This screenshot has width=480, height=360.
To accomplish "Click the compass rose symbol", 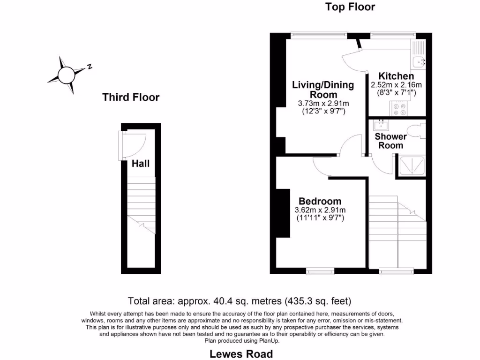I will click(x=66, y=74).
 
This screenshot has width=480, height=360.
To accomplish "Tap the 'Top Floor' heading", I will click(x=350, y=7).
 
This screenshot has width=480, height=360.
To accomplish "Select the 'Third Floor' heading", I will click(x=131, y=97).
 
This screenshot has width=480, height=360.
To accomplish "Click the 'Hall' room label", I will click(x=141, y=164).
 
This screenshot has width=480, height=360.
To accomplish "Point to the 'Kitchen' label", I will click(x=396, y=76).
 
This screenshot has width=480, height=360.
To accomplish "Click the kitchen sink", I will click(x=419, y=60).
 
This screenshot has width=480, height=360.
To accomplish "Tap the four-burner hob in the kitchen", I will click(x=400, y=109).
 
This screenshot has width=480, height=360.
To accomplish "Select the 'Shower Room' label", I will click(x=390, y=141).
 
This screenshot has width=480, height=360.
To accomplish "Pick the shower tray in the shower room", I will click(x=412, y=165).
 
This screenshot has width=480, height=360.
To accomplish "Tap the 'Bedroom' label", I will click(x=321, y=202).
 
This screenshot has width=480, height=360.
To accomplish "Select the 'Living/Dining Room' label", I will click(x=322, y=90).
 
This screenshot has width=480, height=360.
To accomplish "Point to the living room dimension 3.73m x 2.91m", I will click(x=323, y=104).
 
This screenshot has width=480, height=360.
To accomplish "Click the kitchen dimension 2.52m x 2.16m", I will click(x=397, y=85).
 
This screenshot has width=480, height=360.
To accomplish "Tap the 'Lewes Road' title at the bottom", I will click(x=241, y=353).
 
